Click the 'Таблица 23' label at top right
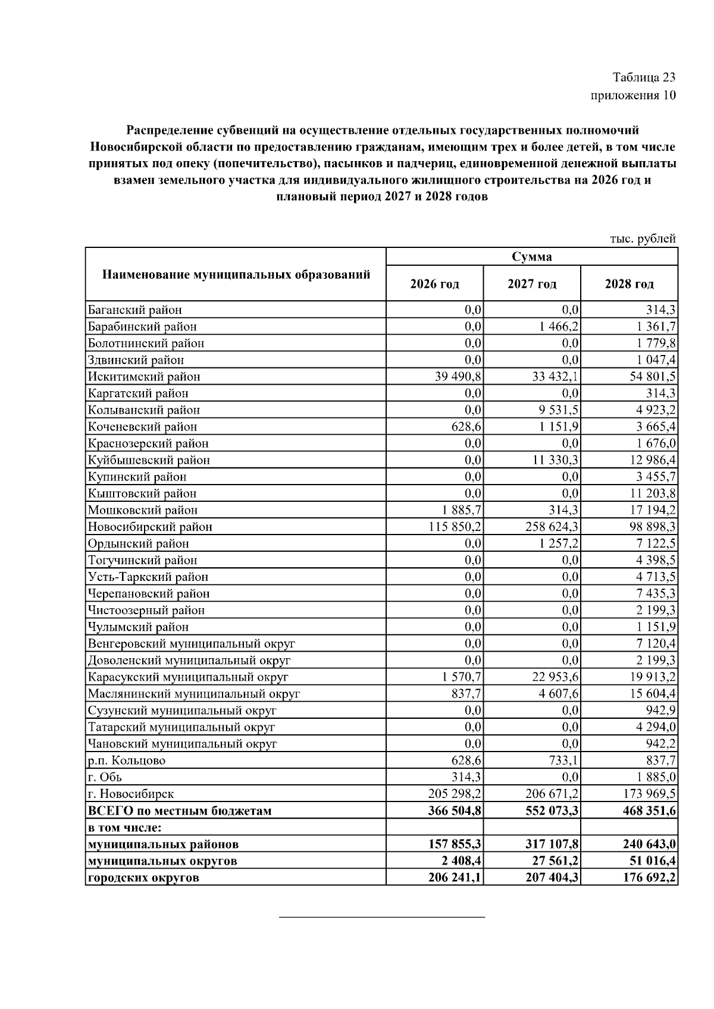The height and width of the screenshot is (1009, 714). click(644, 77)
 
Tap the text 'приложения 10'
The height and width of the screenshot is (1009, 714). click(633, 95)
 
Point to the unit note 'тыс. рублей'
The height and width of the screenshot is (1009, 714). click(643, 239)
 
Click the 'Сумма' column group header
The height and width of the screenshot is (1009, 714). click(532, 257)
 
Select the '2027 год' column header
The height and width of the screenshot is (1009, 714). click(532, 284)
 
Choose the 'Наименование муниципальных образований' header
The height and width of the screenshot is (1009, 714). click(236, 275)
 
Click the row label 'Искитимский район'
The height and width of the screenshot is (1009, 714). click(144, 376)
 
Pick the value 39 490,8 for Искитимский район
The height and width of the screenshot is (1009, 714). click(458, 376)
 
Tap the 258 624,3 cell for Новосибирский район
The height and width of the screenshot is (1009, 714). click(552, 527)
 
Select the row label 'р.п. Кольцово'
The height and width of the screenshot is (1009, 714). click(127, 760)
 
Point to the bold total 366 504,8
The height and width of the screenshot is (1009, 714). click(455, 810)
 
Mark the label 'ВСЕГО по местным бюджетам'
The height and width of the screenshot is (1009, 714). click(180, 810)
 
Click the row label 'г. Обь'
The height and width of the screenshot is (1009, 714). click(105, 777)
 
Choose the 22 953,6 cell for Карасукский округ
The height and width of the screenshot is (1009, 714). click(555, 677)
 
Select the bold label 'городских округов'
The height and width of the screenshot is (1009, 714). click(143, 878)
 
